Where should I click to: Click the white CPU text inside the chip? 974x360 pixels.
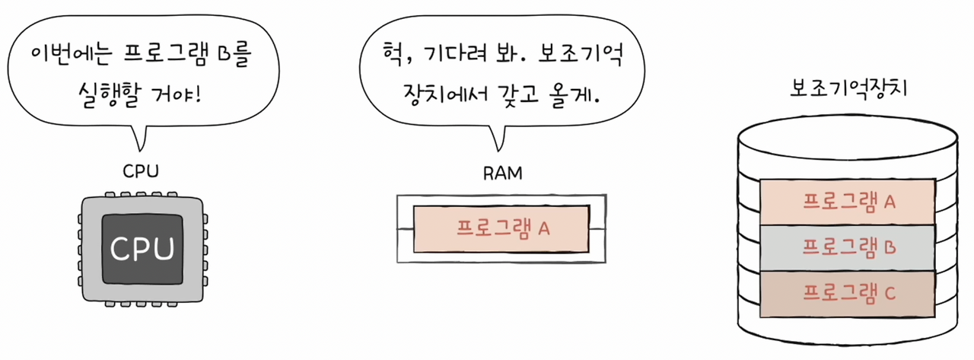(143, 248)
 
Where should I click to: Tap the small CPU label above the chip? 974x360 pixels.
(141, 171)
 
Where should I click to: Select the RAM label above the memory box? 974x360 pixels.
(503, 173)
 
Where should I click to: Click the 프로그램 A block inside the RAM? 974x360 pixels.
(501, 228)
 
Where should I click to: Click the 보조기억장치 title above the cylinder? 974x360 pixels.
(847, 89)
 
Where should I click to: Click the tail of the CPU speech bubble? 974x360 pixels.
(139, 138)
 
